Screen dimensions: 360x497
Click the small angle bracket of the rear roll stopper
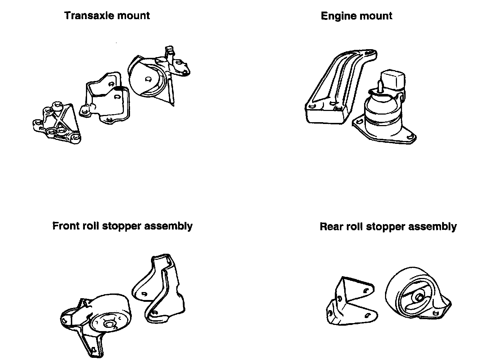pyautogui.click(x=349, y=302)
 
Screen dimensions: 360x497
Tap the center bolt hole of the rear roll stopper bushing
pyautogui.click(x=419, y=297)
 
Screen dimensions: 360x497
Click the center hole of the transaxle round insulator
pyautogui.click(x=148, y=79)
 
